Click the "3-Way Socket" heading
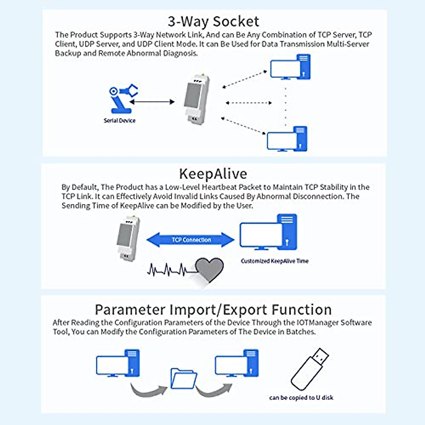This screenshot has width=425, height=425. click(x=213, y=22)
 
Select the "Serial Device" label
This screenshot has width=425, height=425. click(x=119, y=120)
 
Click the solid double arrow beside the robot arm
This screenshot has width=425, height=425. click(x=152, y=102)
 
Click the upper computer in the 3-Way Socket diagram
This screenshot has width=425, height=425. click(x=290, y=67)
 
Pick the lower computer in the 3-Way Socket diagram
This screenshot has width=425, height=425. click(x=287, y=139)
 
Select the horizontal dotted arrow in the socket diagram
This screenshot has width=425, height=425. click(x=249, y=103)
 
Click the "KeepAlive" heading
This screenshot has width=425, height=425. click(x=213, y=174)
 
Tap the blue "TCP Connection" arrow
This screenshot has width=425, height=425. click(x=191, y=240)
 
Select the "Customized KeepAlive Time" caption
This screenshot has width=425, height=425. click(x=274, y=261)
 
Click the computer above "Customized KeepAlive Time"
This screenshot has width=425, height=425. click(x=268, y=232)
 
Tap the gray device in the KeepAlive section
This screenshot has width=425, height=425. click(x=127, y=238)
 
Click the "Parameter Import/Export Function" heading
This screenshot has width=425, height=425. click(x=213, y=310)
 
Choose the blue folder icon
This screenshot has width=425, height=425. click(x=183, y=379)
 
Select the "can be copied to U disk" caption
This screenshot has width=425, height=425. click(x=301, y=398)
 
